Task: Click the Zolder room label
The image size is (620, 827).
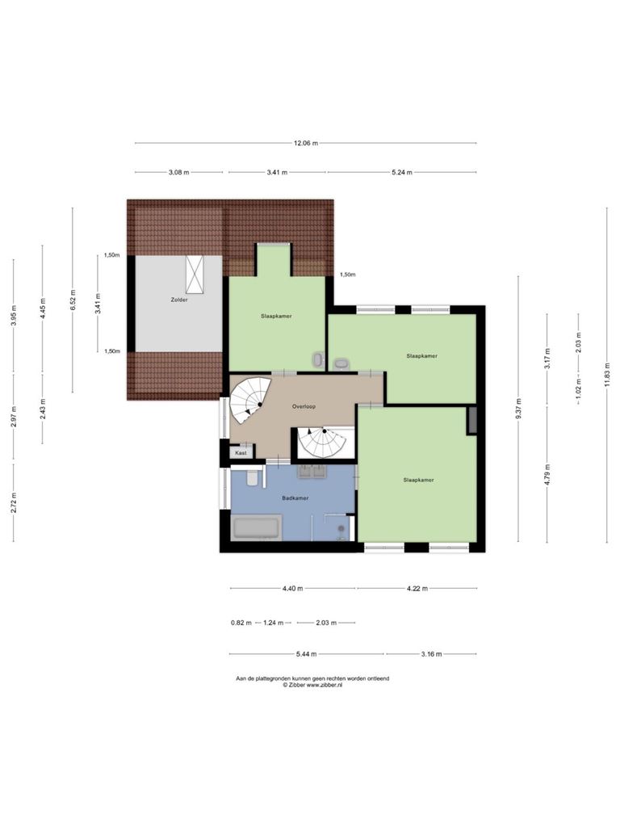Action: tap(178, 300)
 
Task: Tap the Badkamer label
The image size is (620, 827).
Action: tap(295, 497)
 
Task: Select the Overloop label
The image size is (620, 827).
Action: tap(304, 407)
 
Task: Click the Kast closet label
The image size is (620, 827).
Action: tap(241, 452)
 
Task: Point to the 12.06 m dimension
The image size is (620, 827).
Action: tap(306, 143)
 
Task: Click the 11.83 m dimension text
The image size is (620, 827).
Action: tap(607, 375)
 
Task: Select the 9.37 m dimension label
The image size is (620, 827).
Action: tap(518, 409)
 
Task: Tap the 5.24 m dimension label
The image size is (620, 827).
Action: tap(402, 173)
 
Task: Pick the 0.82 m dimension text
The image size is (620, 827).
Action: tap(241, 623)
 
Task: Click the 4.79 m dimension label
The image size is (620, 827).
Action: tap(547, 474)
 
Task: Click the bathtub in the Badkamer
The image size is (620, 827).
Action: tap(257, 528)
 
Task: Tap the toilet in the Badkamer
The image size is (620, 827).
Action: tap(253, 477)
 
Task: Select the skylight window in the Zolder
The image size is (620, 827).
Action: tap(195, 275)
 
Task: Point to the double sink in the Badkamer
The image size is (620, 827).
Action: tap(312, 472)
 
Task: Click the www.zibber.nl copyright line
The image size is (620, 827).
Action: tap(312, 685)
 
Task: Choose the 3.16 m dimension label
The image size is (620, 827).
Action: tap(431, 654)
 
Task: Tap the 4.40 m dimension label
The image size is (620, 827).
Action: tap(292, 589)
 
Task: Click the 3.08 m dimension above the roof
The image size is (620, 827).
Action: tap(178, 173)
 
